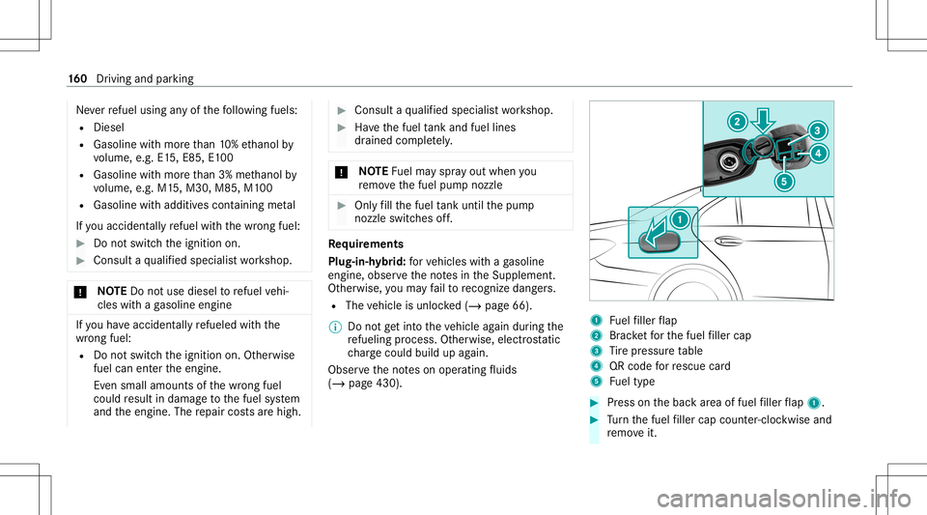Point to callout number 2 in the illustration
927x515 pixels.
point(737,121)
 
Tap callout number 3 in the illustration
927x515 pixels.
point(818,129)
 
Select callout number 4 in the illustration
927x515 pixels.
point(818,153)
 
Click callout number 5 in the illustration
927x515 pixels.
point(785,181)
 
